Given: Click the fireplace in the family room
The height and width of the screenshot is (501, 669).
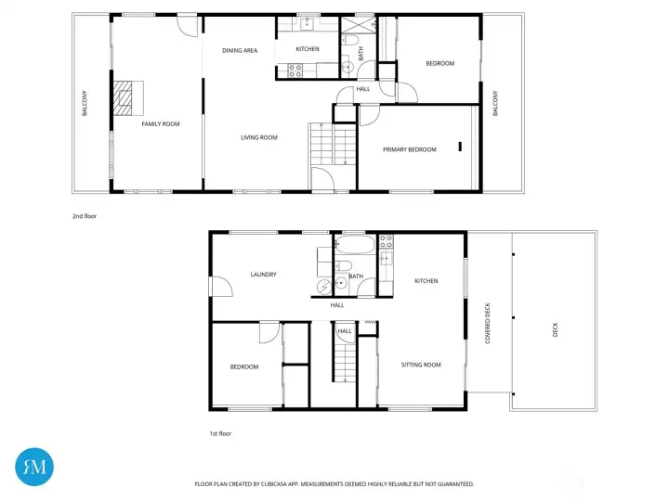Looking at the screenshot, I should (x=125, y=96).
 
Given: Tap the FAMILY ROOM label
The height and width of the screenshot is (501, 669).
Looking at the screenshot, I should (x=160, y=123).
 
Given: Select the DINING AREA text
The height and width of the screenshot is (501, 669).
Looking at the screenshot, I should (x=240, y=50).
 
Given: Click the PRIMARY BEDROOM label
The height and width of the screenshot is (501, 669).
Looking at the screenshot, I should (x=410, y=148).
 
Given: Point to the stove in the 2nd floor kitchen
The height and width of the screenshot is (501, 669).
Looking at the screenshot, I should (x=296, y=68).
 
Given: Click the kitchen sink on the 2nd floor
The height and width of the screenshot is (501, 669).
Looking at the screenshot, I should (x=308, y=25).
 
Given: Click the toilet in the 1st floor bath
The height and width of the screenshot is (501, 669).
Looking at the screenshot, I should (x=343, y=266).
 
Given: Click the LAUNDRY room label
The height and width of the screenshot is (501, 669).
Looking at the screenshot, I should (x=264, y=274).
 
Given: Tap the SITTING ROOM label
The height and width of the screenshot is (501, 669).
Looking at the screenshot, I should (x=421, y=365).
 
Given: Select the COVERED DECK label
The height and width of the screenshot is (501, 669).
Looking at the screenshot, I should (x=488, y=322).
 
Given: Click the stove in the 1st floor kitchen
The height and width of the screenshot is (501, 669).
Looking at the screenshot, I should (x=386, y=243).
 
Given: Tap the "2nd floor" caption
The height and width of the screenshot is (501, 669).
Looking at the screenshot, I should (x=85, y=216).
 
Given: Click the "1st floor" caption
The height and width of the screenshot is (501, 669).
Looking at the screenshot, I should (x=220, y=433).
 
